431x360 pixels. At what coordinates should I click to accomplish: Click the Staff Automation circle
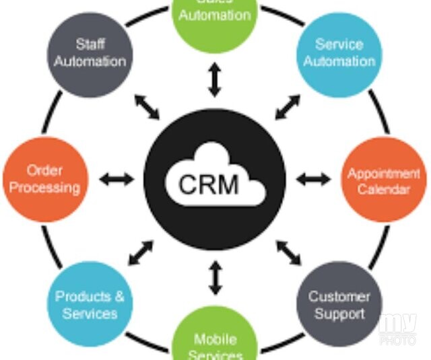90,52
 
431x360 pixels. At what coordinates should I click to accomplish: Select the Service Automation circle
339,52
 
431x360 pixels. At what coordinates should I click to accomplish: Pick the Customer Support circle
339,305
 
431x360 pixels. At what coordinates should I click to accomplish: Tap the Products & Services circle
90,305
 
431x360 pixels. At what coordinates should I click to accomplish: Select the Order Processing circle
46,180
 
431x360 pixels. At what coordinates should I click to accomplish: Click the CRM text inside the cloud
209,183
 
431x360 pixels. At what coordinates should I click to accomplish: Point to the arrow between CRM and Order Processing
117,179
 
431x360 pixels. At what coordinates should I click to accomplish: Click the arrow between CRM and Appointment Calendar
314,179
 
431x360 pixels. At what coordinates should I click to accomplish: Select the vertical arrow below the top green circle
215,80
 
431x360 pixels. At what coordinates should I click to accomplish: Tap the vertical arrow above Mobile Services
215,278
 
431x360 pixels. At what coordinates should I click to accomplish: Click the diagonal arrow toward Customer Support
288,252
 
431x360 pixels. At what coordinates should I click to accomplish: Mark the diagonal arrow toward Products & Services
141,252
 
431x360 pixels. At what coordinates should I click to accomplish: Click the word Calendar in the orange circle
383,189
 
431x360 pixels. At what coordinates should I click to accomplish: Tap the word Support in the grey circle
339,314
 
